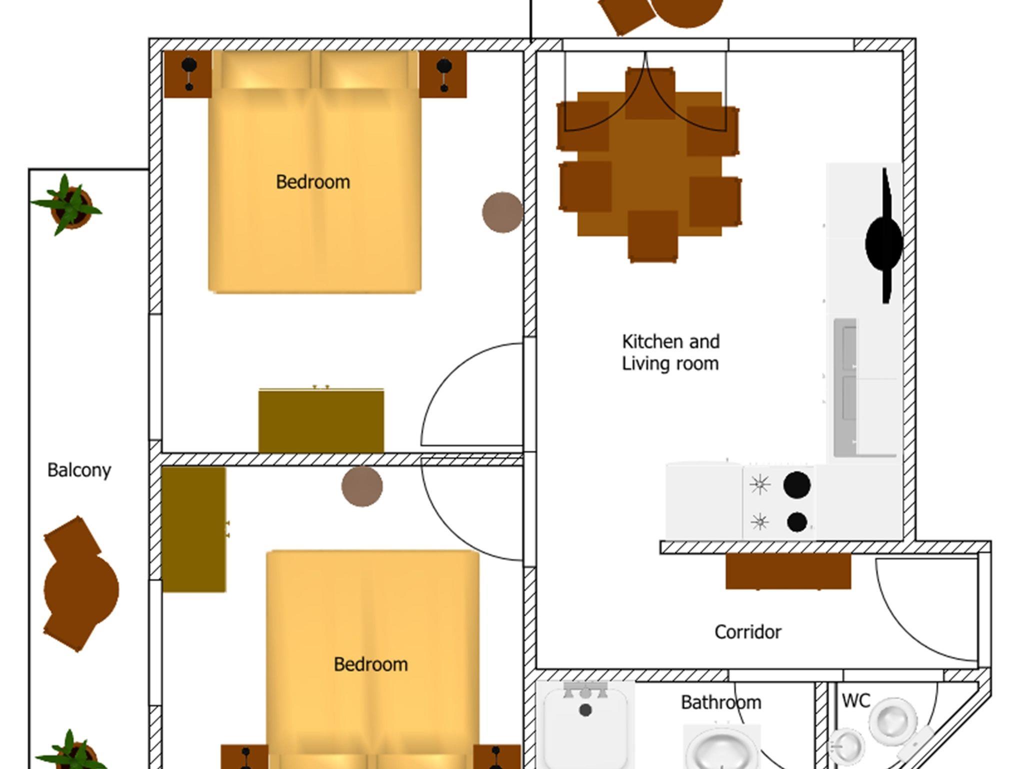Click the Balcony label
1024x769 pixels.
tap(79, 470)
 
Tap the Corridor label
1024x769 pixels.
tap(747, 632)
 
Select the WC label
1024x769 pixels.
tap(856, 700)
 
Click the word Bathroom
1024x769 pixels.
tap(721, 702)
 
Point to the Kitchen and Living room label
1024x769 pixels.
tap(670, 352)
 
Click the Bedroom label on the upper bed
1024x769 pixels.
tap(313, 182)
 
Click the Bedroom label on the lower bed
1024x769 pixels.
tap(370, 664)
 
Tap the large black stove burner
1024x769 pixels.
tap(796, 484)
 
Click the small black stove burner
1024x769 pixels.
tap(796, 522)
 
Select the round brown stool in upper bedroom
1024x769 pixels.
tap(502, 212)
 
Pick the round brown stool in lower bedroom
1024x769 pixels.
tap(362, 486)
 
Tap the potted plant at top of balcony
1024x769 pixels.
tap(69, 205)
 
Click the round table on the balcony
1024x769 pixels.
tap(81, 589)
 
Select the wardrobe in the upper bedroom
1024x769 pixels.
tap(321, 420)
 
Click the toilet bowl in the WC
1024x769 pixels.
tap(893, 720)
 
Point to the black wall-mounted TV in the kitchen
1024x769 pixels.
tap(884, 236)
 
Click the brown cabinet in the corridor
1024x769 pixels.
tap(788, 571)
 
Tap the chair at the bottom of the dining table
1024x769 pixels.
tap(652, 236)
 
